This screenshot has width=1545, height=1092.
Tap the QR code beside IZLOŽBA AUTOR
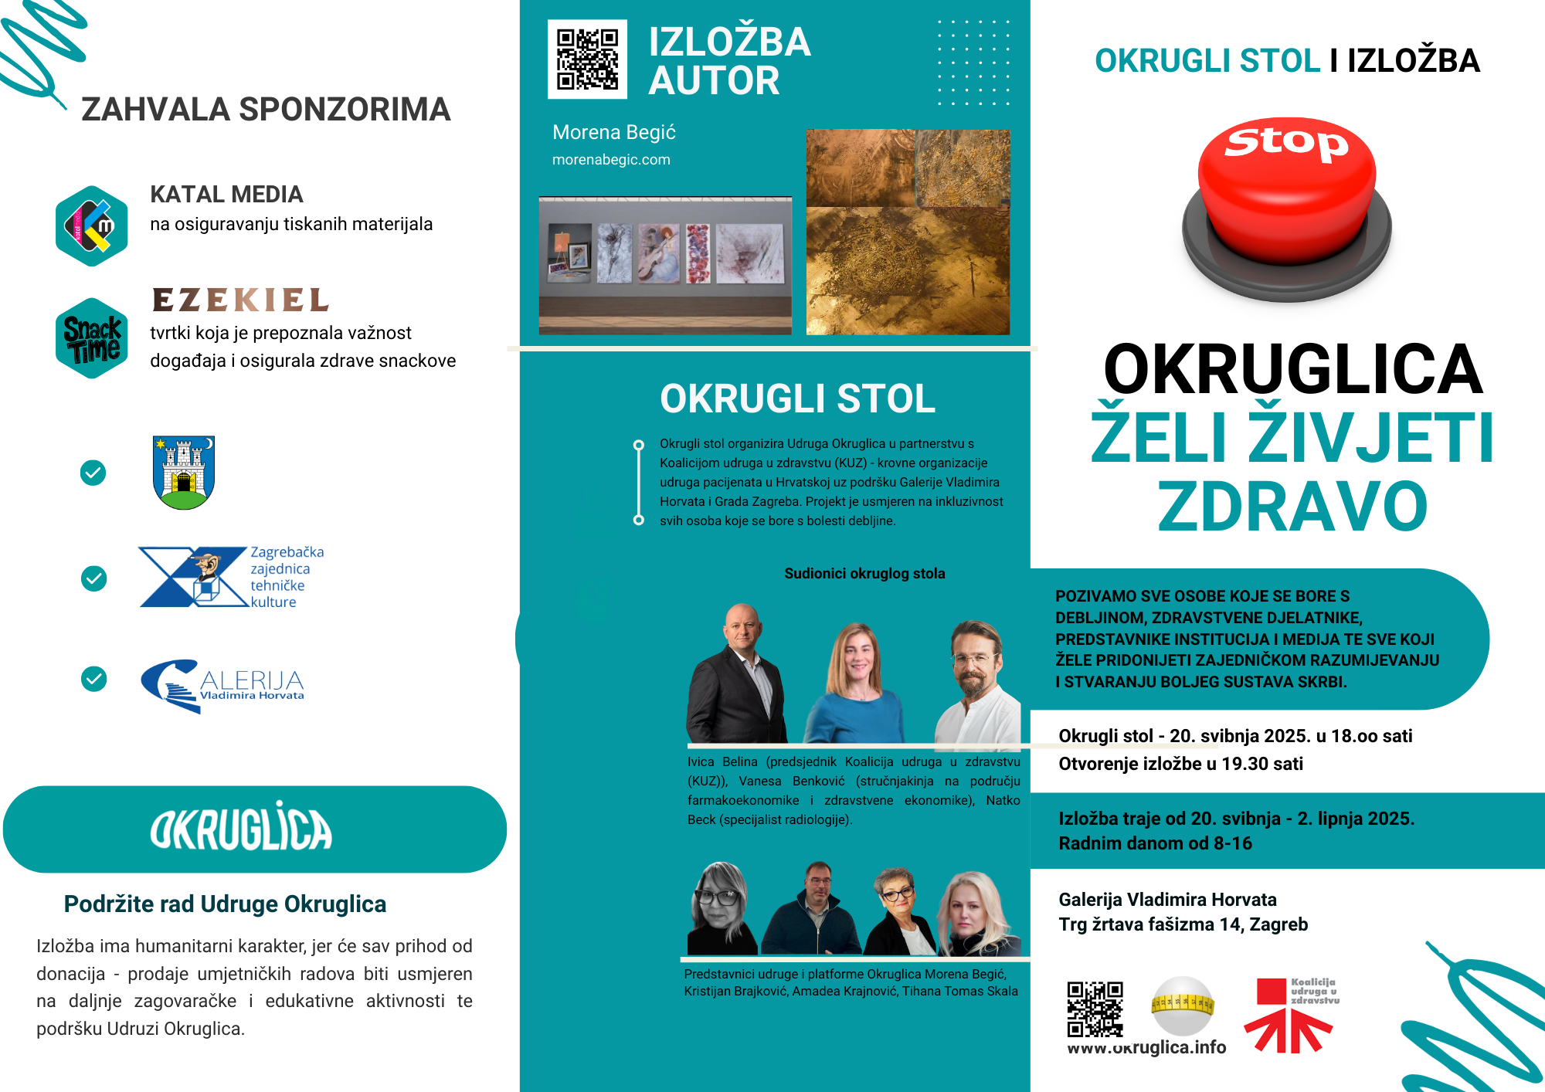pyautogui.click(x=587, y=59)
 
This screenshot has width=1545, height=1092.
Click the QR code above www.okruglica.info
pyautogui.click(x=1095, y=1009)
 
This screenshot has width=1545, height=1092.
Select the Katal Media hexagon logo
pyautogui.click(x=92, y=226)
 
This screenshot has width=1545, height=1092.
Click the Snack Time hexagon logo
pyautogui.click(x=92, y=338)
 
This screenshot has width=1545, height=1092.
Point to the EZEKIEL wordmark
pyautogui.click(x=240, y=300)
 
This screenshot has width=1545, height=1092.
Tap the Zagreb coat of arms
pyautogui.click(x=184, y=472)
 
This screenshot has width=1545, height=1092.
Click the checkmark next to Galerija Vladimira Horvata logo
pyautogui.click(x=94, y=679)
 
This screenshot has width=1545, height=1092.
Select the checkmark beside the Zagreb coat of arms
pyautogui.click(x=93, y=473)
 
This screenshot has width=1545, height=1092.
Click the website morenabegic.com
pyautogui.click(x=611, y=160)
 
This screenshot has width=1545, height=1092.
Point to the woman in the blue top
pyautogui.click(x=855, y=683)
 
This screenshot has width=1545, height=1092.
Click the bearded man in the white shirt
pyautogui.click(x=976, y=683)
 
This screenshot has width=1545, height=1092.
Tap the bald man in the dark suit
pyautogui.click(x=738, y=676)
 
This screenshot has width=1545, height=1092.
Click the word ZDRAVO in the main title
pyautogui.click(x=1292, y=507)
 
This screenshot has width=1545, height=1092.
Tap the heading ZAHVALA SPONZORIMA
pyautogui.click(x=266, y=110)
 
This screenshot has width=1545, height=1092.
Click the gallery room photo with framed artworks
pyautogui.click(x=665, y=265)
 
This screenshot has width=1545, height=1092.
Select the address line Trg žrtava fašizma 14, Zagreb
pyautogui.click(x=1183, y=924)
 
